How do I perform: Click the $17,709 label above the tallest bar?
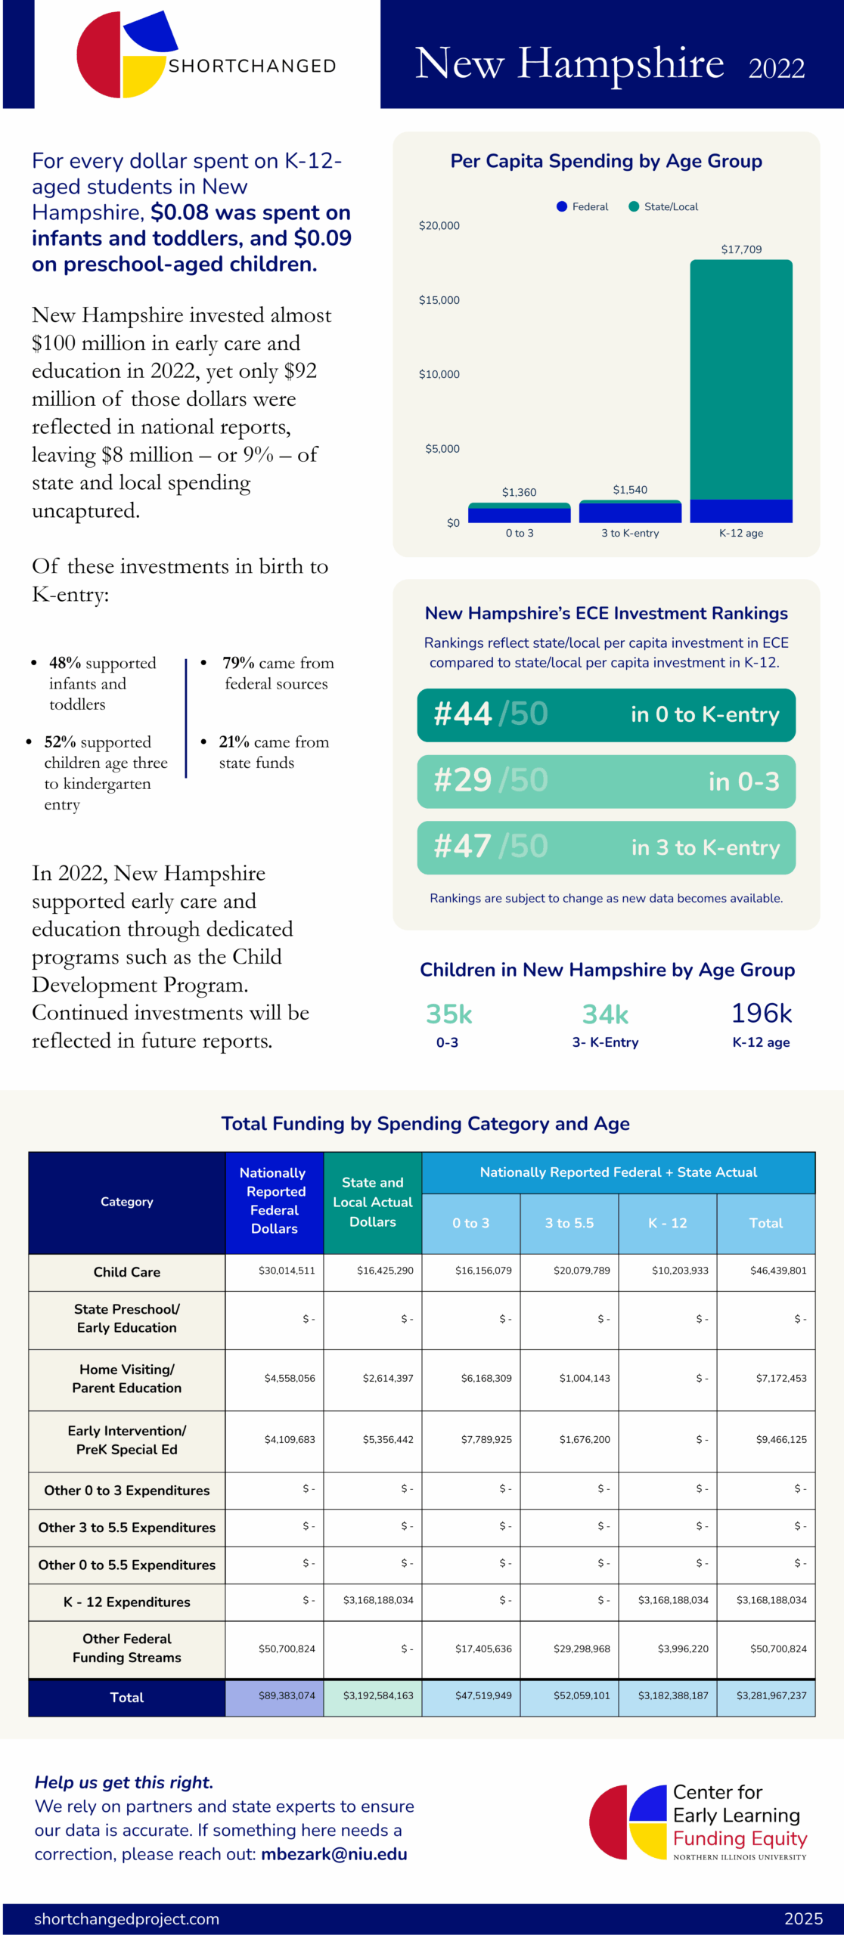point(741,249)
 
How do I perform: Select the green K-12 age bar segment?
point(741,378)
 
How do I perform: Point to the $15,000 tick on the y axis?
point(439,300)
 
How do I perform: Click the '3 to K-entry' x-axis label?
point(630,533)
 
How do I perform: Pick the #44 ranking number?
point(463,714)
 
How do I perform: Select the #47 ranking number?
point(463,847)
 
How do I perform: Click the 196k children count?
point(761,1014)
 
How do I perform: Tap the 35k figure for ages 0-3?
point(448,1014)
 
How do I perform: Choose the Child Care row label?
point(127,1272)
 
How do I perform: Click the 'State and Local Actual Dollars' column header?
point(373,1202)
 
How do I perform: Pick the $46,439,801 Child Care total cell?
point(778,1271)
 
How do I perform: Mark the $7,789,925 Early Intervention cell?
point(486,1440)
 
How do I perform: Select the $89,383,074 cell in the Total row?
point(287,1695)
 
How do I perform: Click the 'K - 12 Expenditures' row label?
point(127,1602)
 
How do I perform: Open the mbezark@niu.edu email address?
point(334,1854)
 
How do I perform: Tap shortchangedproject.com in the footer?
point(126,1918)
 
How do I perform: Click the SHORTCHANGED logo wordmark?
point(252,67)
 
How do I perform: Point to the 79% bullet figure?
point(238,663)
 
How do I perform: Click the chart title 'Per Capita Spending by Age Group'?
point(606,161)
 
